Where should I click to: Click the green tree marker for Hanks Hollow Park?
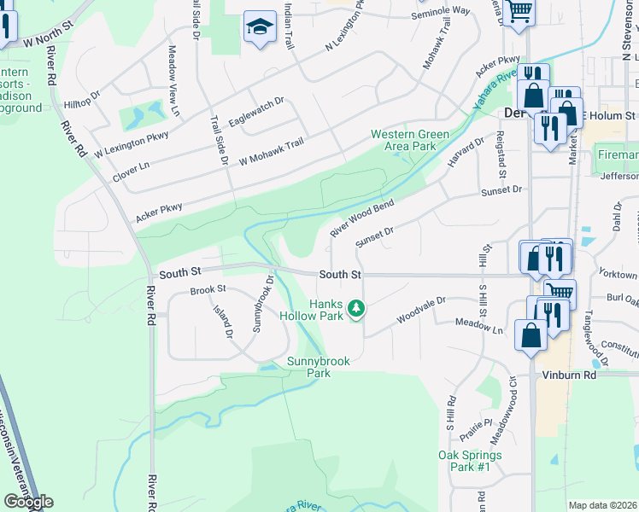click(356, 308)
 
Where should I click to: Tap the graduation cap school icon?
click(258, 27)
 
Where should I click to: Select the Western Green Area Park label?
click(410, 140)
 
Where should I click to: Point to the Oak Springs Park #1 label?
click(470, 461)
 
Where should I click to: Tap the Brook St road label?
click(208, 290)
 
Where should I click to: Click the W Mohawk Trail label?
click(271, 154)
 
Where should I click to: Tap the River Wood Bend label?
click(362, 219)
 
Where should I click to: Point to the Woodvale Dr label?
click(421, 311)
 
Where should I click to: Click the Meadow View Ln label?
click(173, 81)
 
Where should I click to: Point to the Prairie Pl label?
click(476, 428)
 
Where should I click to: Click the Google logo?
click(28, 502)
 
